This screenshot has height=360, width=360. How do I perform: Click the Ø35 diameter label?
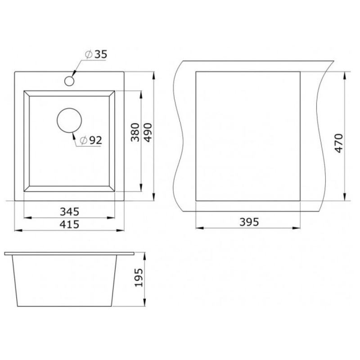[x=96, y=54]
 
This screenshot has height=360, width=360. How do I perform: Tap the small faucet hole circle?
[x=69, y=81]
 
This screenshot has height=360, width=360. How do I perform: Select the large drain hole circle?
[x=69, y=120]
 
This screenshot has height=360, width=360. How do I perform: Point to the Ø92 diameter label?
[x=91, y=140]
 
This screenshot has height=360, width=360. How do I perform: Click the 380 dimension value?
[x=135, y=132]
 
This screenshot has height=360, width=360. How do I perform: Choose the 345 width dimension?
[x=69, y=211]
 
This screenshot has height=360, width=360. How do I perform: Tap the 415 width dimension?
[x=69, y=224]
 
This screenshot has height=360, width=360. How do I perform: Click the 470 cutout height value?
[x=339, y=143]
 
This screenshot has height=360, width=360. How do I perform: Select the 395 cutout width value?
[x=249, y=222]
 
